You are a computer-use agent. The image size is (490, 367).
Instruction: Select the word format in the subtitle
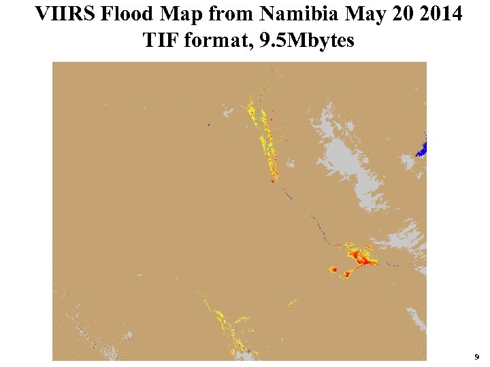pos(217,40)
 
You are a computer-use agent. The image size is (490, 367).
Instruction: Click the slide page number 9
pos(476,356)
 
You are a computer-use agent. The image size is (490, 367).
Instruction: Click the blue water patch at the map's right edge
pos(421,149)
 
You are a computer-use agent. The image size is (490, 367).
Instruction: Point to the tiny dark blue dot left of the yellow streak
pos(208,124)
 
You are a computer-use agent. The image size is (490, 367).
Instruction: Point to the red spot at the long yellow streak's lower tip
pos(272,181)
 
